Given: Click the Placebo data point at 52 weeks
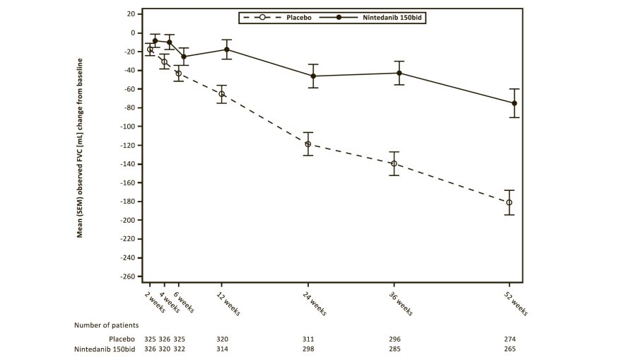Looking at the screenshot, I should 509,202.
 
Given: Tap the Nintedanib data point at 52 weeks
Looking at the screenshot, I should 514,103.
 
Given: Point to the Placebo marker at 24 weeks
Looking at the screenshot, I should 308,144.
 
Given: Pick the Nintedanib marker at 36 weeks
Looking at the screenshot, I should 399,73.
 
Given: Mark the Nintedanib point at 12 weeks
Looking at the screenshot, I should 227,50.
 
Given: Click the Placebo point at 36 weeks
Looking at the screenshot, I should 394,164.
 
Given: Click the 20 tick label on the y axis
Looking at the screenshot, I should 129,14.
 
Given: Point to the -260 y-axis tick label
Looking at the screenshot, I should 126,277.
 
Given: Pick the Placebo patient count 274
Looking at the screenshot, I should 510,339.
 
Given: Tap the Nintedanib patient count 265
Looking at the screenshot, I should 510,349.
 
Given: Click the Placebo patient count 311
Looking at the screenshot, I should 308,339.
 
